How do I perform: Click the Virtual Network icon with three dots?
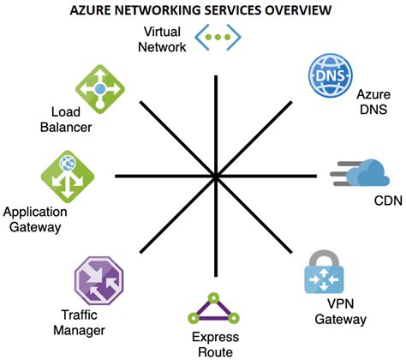[x=218, y=38]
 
